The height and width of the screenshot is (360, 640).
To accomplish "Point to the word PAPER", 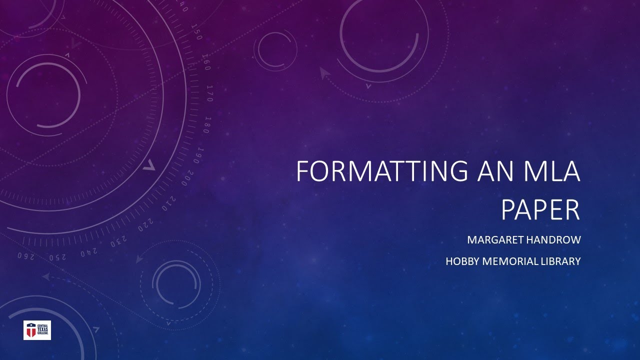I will (540, 210).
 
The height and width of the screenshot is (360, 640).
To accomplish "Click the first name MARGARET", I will (492, 240).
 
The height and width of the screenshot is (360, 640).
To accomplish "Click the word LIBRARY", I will (559, 261).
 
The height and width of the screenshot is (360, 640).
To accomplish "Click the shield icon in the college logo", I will (31, 330).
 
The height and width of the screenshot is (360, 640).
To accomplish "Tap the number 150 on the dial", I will (196, 33).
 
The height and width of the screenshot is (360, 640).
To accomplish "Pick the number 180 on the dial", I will (206, 124).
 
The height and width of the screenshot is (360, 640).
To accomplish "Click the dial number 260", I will (26, 256).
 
